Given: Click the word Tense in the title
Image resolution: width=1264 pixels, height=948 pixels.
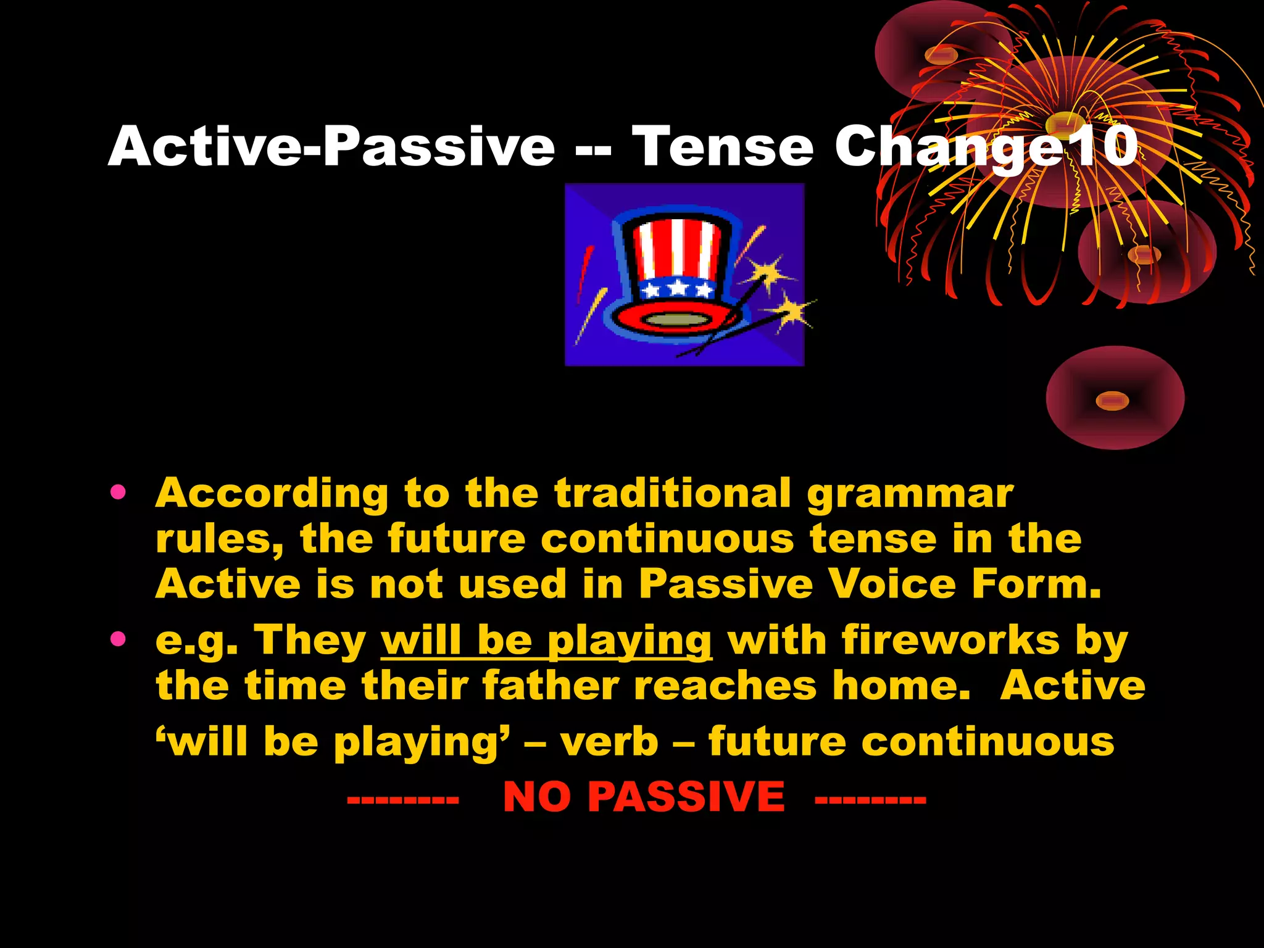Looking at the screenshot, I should click(x=723, y=147).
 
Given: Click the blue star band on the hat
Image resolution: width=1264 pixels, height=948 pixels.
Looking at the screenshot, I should click(x=677, y=288).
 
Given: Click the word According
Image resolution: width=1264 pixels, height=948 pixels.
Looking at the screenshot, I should click(x=272, y=494).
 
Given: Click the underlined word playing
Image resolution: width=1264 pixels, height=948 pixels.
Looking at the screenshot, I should click(x=630, y=642).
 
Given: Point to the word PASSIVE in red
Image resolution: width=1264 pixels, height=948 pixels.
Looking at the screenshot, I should click(x=686, y=797).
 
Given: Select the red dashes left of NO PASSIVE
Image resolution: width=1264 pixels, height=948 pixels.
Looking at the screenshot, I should click(x=402, y=800).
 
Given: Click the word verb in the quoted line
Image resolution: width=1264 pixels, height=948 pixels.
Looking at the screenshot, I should click(x=609, y=742).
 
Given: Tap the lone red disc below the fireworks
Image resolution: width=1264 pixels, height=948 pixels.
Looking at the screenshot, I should click(x=1115, y=399).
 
